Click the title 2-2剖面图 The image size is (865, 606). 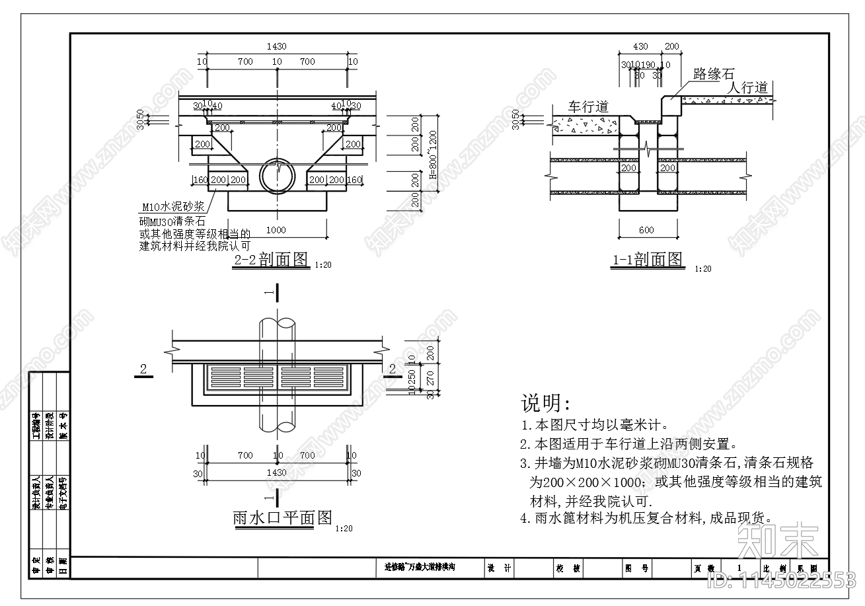click(272, 260)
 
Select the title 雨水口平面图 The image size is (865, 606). click(282, 517)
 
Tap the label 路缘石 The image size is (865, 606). click(713, 75)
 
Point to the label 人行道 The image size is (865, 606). click(747, 87)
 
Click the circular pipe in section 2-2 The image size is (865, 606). click(278, 175)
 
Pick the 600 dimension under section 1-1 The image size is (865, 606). click(647, 230)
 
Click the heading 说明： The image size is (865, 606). click(546, 403)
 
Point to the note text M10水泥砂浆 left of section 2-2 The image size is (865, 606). click(174, 207)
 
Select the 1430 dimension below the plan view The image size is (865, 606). click(276, 473)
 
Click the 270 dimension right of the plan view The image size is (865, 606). click(430, 378)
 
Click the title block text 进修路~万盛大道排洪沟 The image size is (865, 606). click(420, 567)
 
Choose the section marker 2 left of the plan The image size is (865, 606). click(143, 368)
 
